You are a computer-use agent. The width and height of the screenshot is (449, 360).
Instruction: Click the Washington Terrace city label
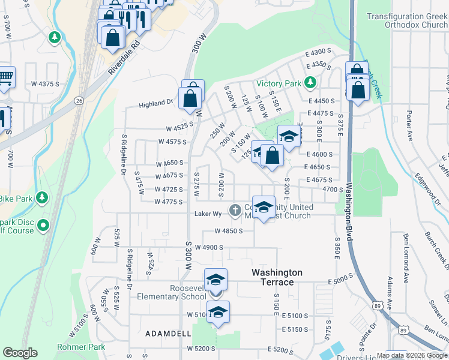[x=277, y=277]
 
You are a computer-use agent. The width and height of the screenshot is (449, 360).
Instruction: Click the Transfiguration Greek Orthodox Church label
[x=408, y=21]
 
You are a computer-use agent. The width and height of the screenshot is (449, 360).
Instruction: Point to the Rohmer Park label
[x=81, y=347]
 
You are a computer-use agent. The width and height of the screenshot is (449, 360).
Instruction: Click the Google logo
[x=20, y=353]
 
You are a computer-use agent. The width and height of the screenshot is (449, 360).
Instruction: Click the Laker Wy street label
[x=205, y=214]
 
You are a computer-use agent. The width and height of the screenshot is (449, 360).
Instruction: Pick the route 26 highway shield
[x=79, y=101]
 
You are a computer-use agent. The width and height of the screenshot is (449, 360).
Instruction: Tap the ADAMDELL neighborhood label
[x=168, y=333]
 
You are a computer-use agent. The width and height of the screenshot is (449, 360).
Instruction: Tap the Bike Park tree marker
[x=42, y=197]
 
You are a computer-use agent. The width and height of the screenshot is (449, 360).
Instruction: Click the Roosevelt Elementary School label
[x=172, y=292]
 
